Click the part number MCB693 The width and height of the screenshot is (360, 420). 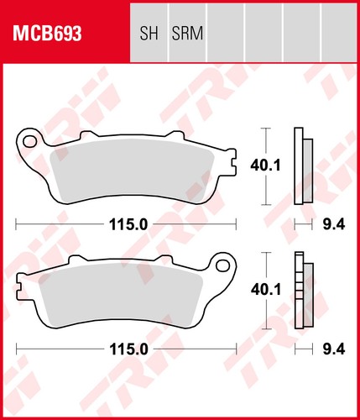(47, 34)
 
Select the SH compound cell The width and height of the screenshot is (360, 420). (149, 32)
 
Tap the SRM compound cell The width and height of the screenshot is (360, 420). (187, 32)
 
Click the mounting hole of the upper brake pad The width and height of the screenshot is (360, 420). (29, 141)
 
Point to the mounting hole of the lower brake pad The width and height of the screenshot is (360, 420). (223, 265)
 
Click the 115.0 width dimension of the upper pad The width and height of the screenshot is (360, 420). (128, 224)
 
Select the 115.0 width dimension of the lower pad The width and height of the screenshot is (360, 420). (128, 349)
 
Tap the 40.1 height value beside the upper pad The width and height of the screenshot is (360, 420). (265, 166)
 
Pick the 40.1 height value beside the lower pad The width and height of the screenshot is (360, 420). (266, 290)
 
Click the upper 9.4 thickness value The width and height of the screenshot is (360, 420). (334, 224)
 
